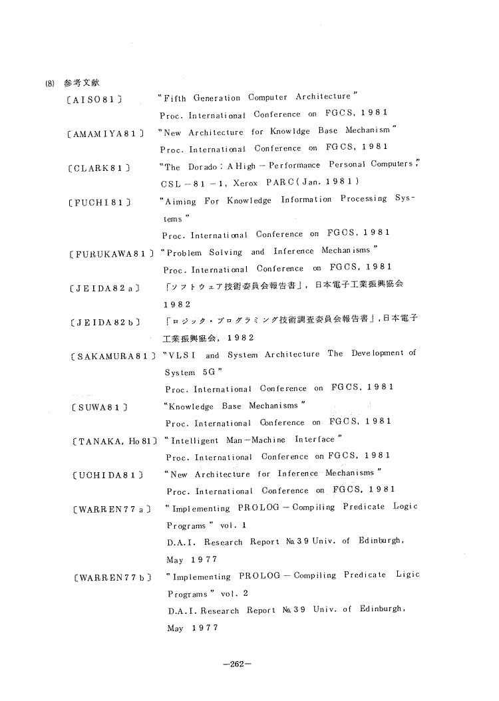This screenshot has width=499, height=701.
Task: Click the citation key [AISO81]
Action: (96, 99)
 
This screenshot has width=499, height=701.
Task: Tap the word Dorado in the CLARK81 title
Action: (200, 166)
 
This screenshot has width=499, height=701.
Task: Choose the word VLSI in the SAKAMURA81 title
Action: (182, 355)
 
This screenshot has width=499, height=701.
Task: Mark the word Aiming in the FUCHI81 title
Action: (180, 200)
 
